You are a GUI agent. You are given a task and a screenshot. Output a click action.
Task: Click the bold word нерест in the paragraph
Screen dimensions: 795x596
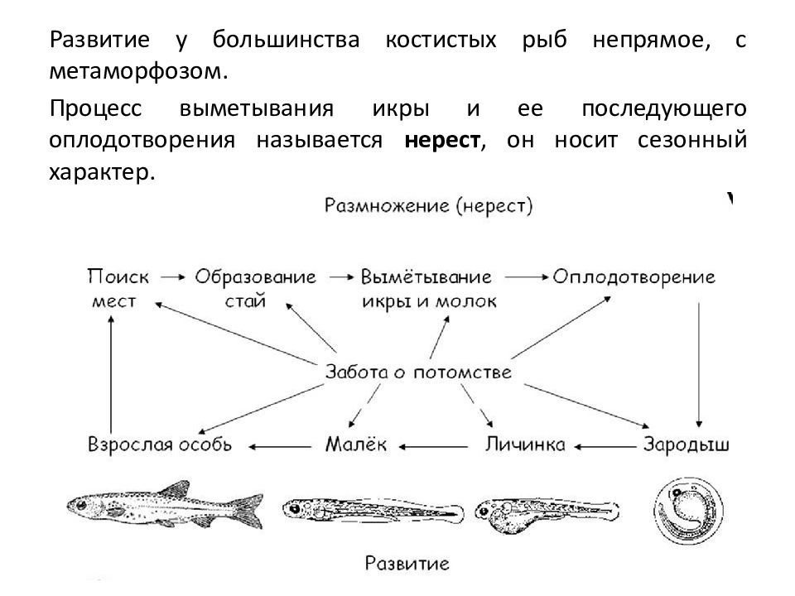pyautogui.click(x=442, y=140)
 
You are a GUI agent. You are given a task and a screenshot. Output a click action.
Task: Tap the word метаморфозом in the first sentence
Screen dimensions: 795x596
pyautogui.click(x=135, y=71)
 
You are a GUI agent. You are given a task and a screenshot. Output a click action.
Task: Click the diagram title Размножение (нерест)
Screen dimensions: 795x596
pyautogui.click(x=428, y=206)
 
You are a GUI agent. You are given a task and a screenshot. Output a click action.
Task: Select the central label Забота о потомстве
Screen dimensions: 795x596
pyautogui.click(x=418, y=372)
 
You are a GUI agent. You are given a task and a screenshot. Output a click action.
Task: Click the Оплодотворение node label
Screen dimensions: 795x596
pyautogui.click(x=634, y=277)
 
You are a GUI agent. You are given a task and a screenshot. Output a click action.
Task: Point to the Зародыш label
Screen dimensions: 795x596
pyautogui.click(x=686, y=445)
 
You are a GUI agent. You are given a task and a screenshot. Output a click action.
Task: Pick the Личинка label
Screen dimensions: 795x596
pyautogui.click(x=525, y=445)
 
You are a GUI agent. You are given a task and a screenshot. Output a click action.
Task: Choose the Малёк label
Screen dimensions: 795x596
pyautogui.click(x=356, y=445)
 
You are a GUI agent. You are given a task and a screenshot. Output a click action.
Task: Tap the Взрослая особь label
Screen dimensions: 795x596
pyautogui.click(x=160, y=445)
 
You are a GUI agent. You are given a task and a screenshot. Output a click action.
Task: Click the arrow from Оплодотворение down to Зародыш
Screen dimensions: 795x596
pyautogui.click(x=699, y=365)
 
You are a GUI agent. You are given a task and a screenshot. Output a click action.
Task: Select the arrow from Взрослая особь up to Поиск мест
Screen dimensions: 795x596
pyautogui.click(x=111, y=374)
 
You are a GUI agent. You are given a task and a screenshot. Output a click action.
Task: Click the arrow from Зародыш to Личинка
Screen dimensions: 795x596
pyautogui.click(x=605, y=447)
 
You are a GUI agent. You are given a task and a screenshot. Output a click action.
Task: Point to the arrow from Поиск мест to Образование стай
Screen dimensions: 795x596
pyautogui.click(x=173, y=277)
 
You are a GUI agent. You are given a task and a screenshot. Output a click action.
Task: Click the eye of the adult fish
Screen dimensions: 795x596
pyautogui.click(x=81, y=505)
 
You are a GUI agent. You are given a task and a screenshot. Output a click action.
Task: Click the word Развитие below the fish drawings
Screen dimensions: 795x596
pyautogui.click(x=407, y=564)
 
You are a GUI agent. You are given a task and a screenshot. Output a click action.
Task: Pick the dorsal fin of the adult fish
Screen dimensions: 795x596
pyautogui.click(x=174, y=488)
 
